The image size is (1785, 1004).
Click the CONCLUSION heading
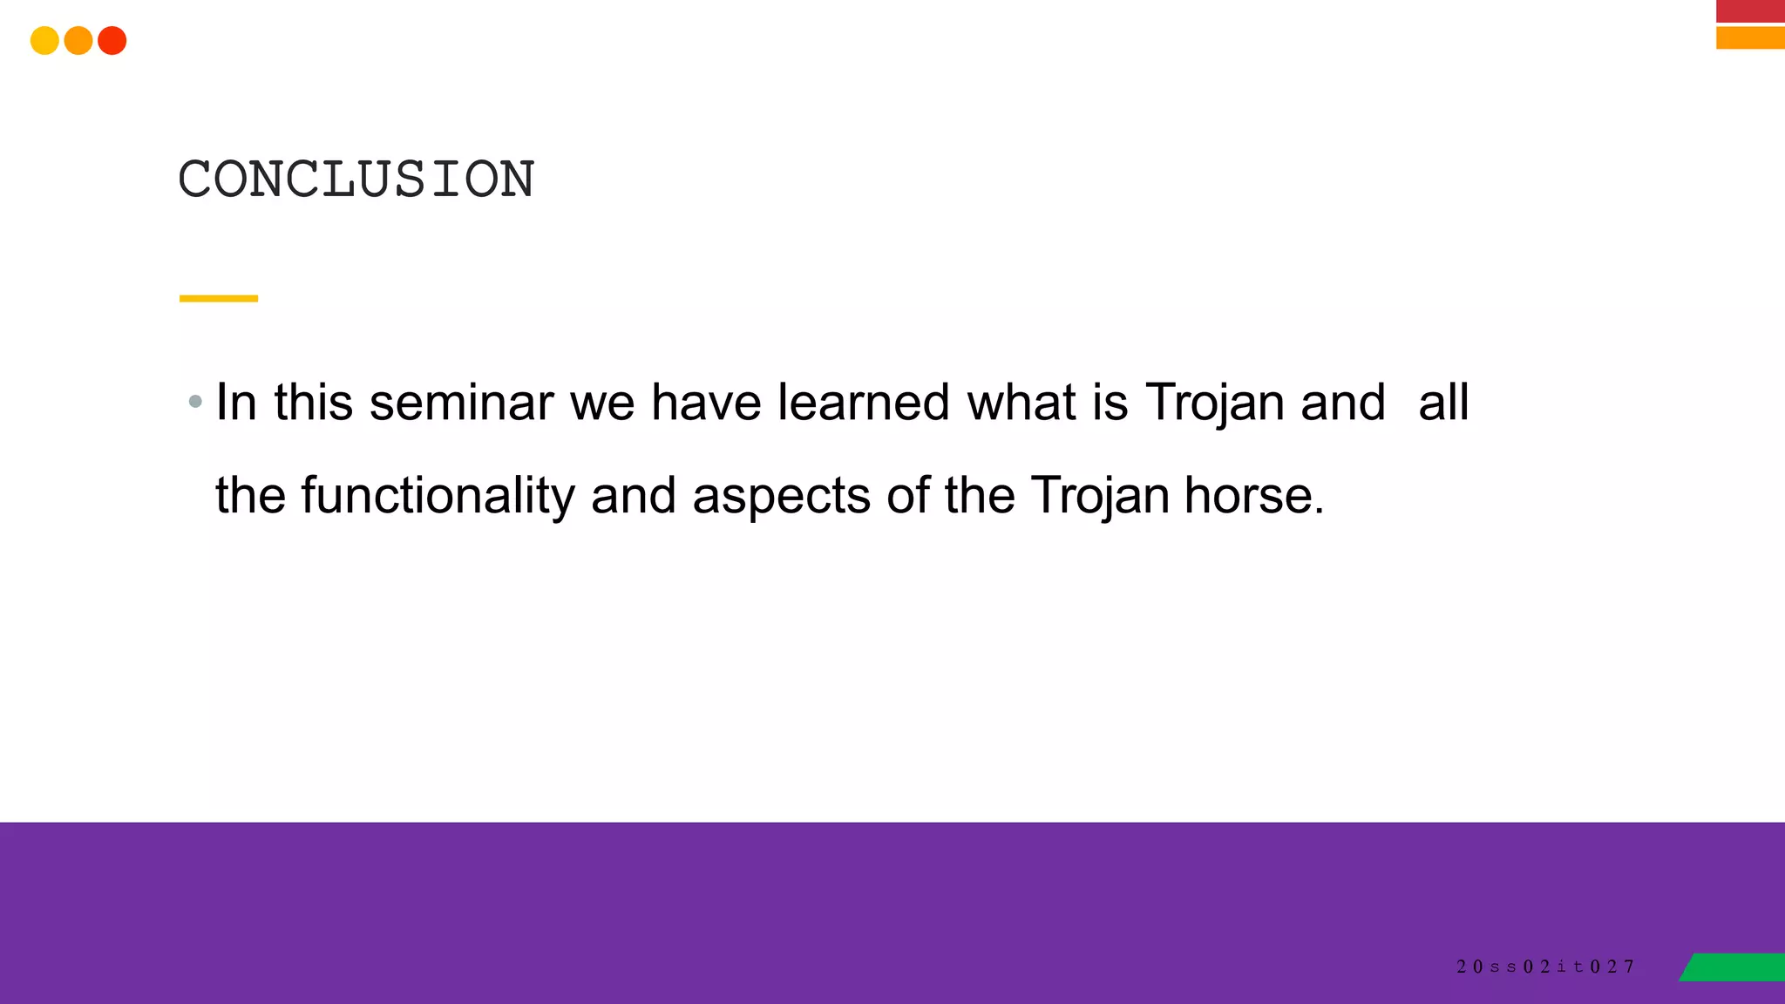(x=356, y=180)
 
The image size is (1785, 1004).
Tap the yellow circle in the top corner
(x=44, y=41)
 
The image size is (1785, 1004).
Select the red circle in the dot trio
(x=112, y=41)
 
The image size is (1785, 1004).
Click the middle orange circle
(x=78, y=41)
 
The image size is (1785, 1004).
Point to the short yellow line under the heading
(x=219, y=298)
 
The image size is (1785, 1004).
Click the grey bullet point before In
(x=195, y=402)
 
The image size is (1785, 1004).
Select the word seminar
(x=461, y=403)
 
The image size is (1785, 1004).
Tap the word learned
(x=863, y=403)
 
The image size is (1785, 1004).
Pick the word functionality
(x=438, y=495)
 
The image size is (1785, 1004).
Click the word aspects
(x=781, y=497)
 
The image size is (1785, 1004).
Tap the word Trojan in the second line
(x=1100, y=495)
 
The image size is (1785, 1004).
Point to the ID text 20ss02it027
(x=1545, y=967)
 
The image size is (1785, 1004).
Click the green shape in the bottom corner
(x=1734, y=967)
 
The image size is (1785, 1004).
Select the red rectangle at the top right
(x=1750, y=10)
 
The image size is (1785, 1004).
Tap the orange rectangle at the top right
(x=1750, y=37)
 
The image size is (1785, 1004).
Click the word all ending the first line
(x=1443, y=403)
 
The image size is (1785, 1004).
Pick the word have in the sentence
(x=706, y=403)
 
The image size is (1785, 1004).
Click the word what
(x=1021, y=403)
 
